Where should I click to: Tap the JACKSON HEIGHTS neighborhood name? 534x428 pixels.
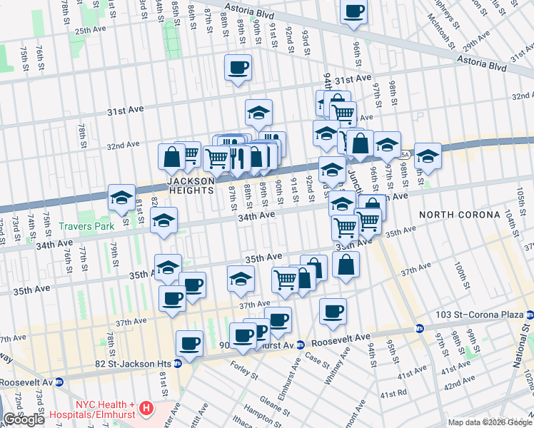point(191,185)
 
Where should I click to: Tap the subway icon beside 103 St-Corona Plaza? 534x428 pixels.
point(529,315)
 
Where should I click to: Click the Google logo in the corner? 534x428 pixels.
point(24,419)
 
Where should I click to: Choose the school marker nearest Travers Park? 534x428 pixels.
point(163,222)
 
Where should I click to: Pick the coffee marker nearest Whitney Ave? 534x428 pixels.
point(333,311)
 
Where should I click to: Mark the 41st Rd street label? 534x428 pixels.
point(393,394)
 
